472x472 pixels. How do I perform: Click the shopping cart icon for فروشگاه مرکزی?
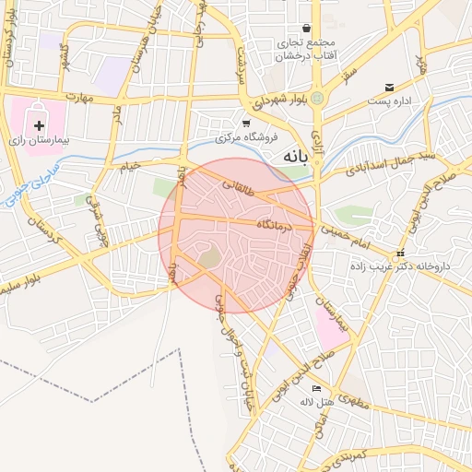(246, 124)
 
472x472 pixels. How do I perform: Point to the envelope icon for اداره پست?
(390, 88)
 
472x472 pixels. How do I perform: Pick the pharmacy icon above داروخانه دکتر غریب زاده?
(399, 253)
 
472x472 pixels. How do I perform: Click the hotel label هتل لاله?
(316, 402)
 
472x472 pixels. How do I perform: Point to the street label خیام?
(130, 166)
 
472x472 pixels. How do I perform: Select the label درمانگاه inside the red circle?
(276, 224)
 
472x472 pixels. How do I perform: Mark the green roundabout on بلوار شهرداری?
(318, 97)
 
